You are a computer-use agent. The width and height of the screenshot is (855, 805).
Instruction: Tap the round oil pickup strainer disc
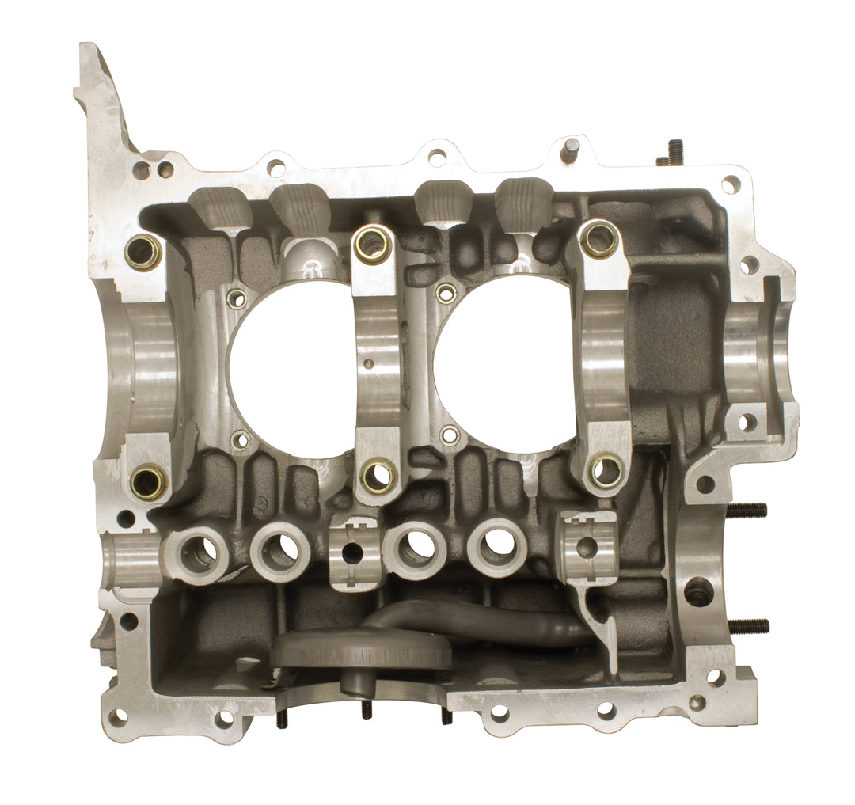coord(362,650)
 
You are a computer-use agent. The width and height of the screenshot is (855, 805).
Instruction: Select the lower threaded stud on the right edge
coord(747,626)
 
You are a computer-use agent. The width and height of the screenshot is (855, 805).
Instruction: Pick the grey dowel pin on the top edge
coord(569,149)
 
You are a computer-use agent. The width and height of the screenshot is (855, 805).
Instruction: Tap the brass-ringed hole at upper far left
coord(143,252)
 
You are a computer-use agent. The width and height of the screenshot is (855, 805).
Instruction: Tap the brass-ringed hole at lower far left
coord(148,480)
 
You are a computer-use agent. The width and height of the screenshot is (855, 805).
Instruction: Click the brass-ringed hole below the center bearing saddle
coord(378,474)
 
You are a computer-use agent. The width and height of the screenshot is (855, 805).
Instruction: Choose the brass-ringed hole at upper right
coord(599,238)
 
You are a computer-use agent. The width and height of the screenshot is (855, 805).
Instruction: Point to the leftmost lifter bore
coord(196,552)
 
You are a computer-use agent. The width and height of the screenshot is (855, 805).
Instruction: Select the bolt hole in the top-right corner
coord(730,184)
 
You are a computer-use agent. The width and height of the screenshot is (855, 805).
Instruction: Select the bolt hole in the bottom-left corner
coord(118,716)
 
